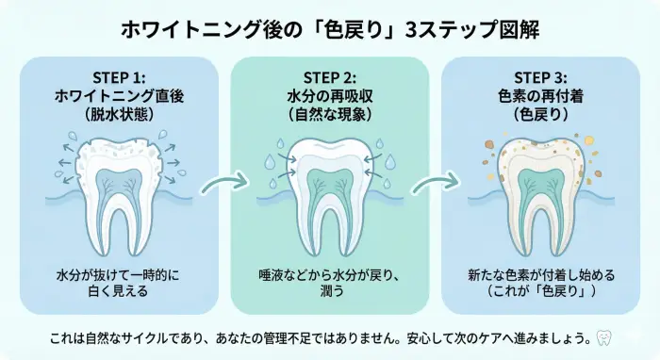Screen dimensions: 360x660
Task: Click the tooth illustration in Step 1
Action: pos(118,184)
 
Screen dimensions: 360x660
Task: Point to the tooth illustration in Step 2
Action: pos(329,184)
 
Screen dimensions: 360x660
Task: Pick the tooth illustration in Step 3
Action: pos(540,184)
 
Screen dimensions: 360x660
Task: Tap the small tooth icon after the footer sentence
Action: pos(605,336)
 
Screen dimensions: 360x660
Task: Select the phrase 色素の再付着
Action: pos(541,95)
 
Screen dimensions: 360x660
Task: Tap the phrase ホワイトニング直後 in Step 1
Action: pos(119,95)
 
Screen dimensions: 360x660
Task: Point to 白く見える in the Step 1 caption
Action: pos(119,292)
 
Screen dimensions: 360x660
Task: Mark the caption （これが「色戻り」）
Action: pos(541,292)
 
